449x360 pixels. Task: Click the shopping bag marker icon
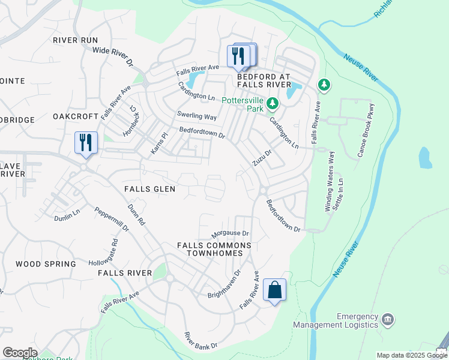pyautogui.click(x=274, y=290)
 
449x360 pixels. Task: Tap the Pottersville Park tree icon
pyautogui.click(x=273, y=104)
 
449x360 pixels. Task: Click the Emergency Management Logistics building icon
pyautogui.click(x=387, y=319)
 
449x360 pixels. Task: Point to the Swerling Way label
pyautogui.click(x=196, y=116)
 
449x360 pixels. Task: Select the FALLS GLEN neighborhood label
pyautogui.click(x=149, y=189)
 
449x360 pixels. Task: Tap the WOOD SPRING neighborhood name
pyautogui.click(x=46, y=264)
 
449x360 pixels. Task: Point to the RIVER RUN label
pyautogui.click(x=75, y=40)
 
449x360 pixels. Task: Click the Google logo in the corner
pyautogui.click(x=20, y=353)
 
